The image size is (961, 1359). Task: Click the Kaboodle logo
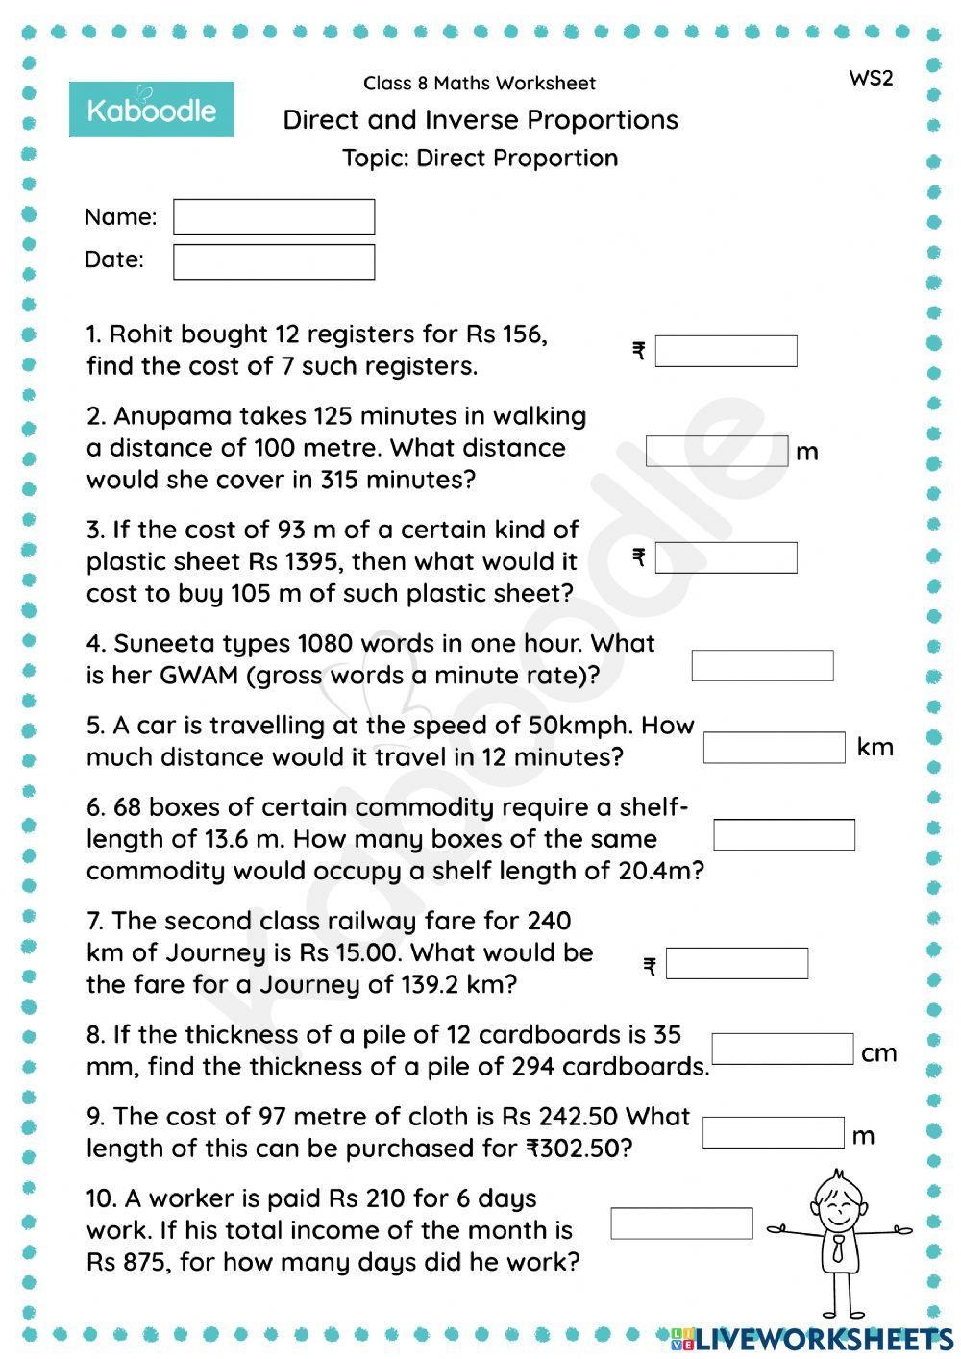(x=152, y=110)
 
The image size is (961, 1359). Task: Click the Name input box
(x=274, y=217)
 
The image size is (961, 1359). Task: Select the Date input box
(x=274, y=261)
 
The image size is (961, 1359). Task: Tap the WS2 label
(x=871, y=79)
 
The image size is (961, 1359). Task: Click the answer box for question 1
(x=726, y=351)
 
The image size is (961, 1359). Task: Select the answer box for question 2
(x=717, y=451)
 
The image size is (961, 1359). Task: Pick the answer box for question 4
(x=762, y=665)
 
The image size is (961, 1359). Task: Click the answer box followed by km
(x=774, y=747)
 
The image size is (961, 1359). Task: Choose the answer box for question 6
(x=784, y=834)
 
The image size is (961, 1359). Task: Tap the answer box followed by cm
(x=782, y=1049)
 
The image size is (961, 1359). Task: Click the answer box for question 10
(x=681, y=1223)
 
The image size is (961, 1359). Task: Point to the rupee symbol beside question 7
(x=650, y=966)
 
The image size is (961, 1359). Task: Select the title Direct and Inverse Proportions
(x=480, y=120)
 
